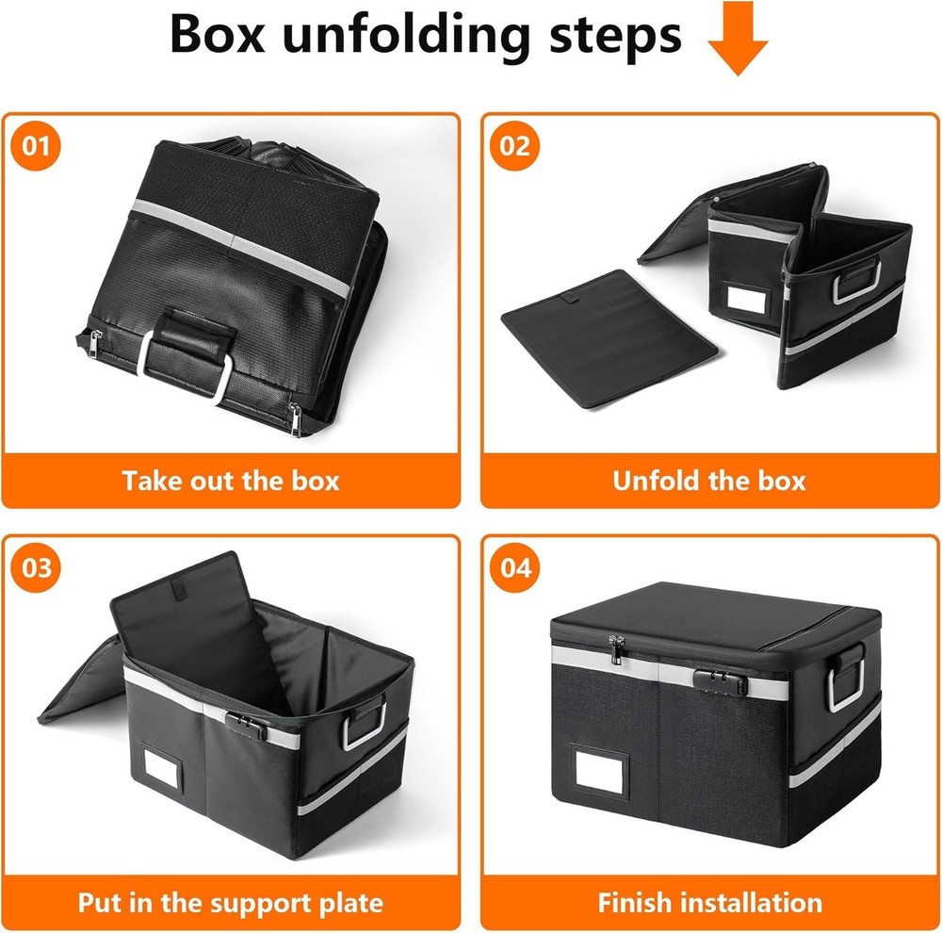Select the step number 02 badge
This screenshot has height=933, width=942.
[514, 147]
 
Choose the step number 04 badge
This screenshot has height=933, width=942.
[514, 569]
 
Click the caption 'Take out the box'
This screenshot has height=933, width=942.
[231, 481]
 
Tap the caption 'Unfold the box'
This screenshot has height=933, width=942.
[709, 481]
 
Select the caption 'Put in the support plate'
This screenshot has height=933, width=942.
[231, 903]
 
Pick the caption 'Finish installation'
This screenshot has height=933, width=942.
[709, 903]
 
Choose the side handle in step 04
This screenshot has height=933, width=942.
[847, 679]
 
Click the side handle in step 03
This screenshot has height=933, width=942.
[365, 724]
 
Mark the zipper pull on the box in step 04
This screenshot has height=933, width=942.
[617, 649]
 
